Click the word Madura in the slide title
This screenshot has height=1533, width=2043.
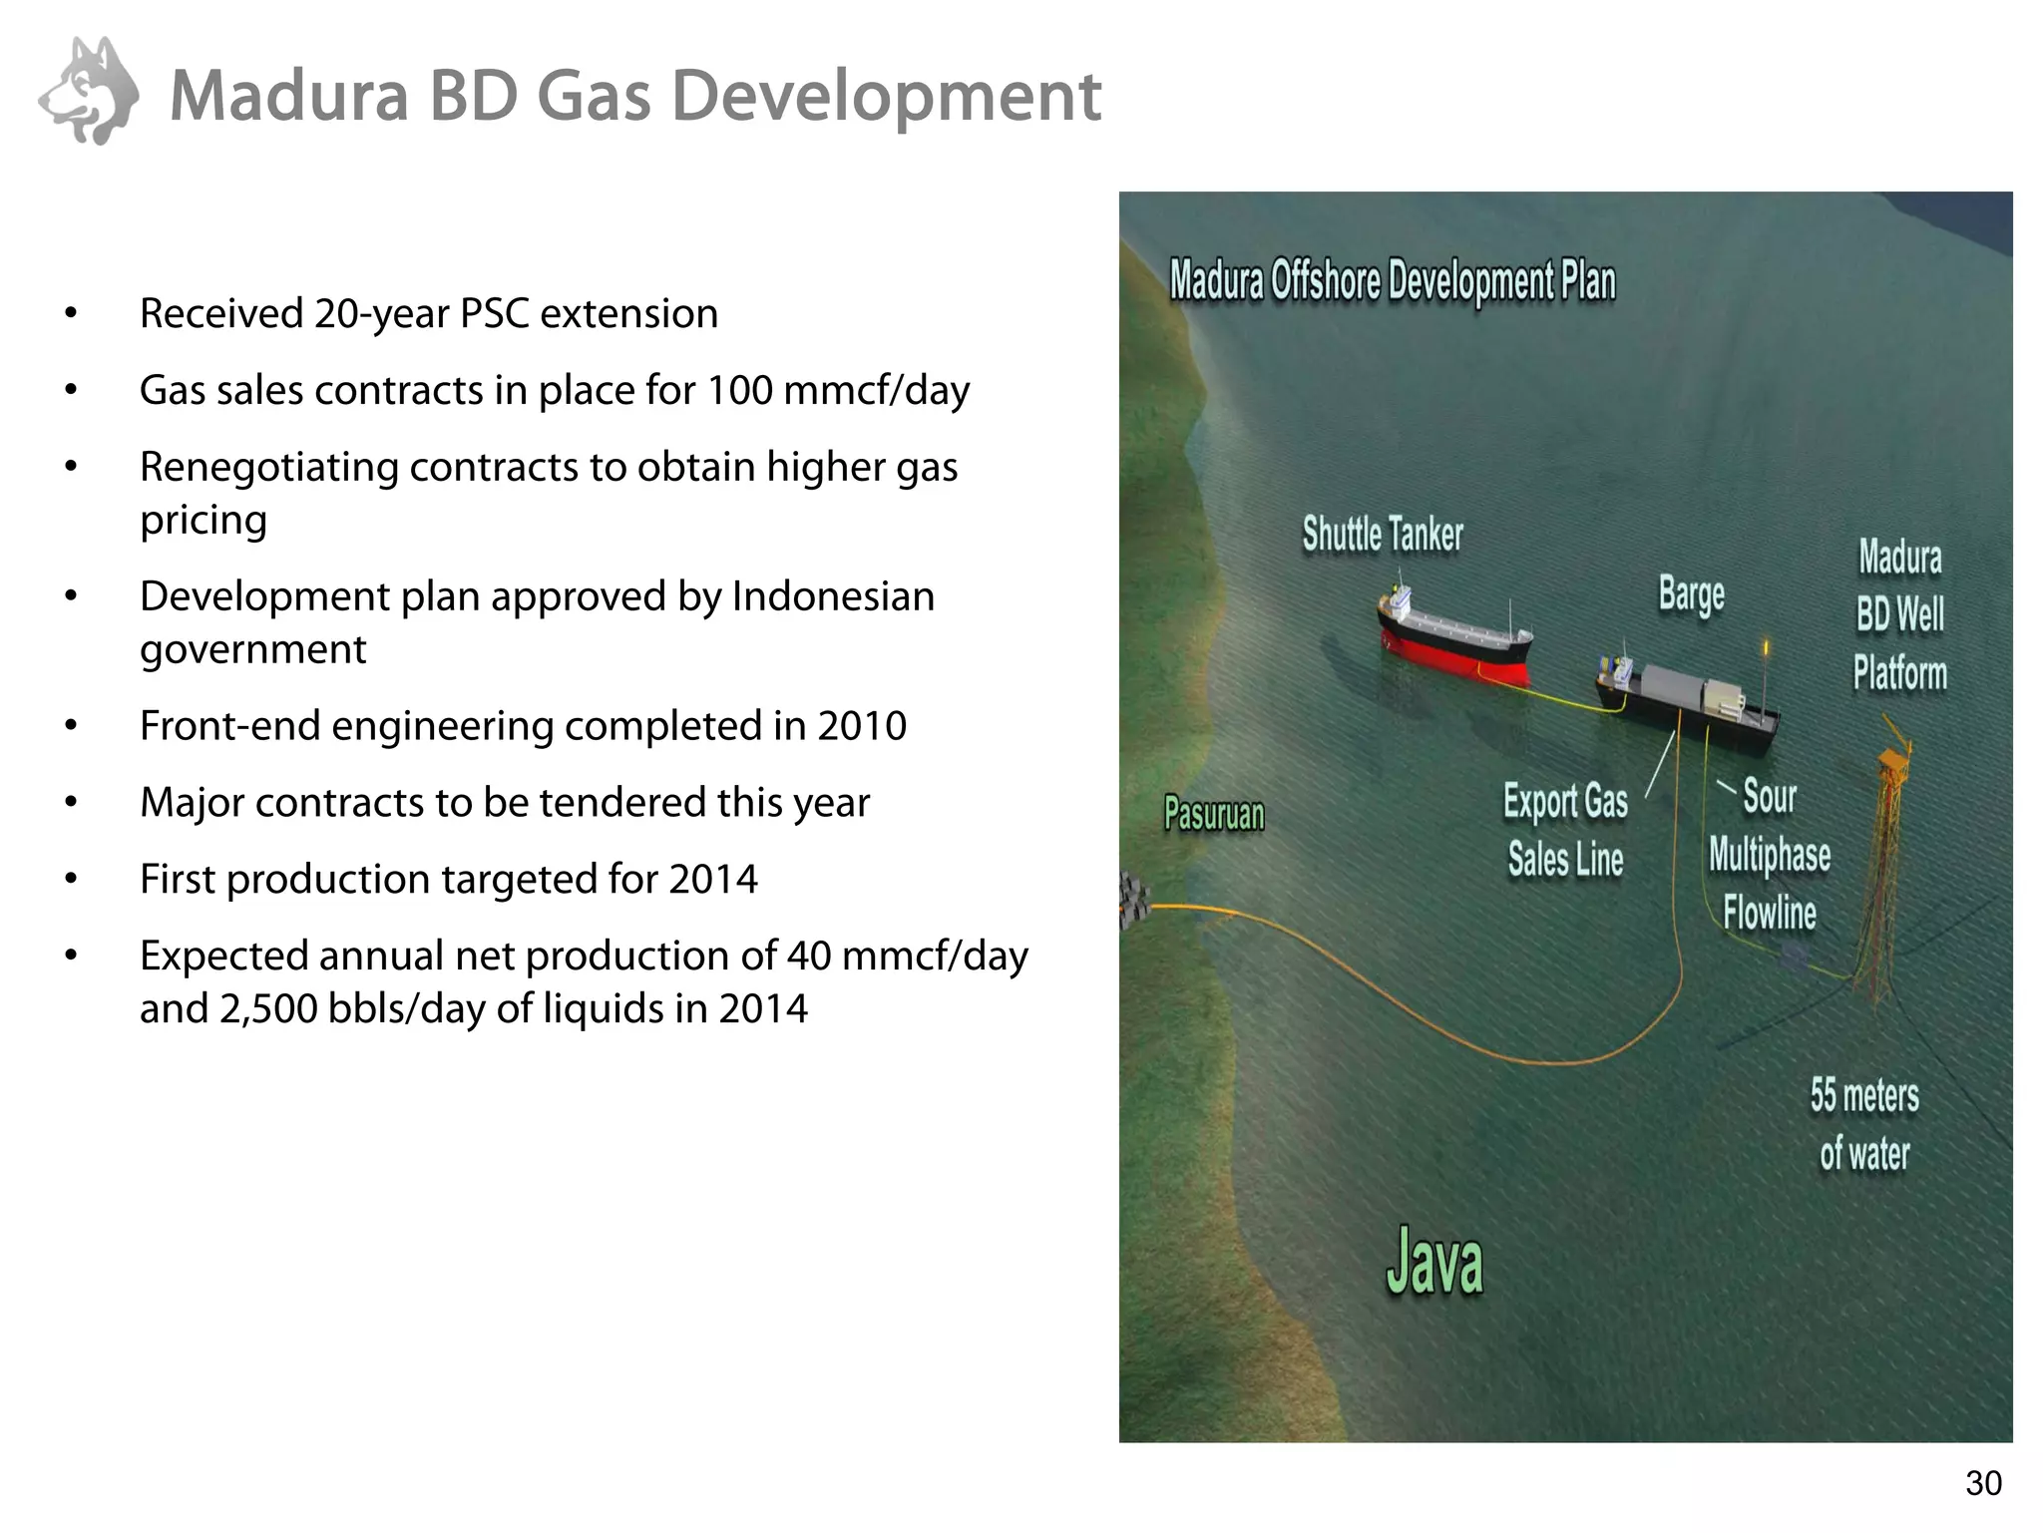click(289, 97)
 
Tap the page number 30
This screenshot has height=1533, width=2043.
click(1983, 1483)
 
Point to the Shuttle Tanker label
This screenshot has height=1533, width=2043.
click(1383, 535)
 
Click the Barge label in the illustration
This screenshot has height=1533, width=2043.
click(1691, 594)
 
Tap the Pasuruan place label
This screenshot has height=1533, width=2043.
click(1214, 815)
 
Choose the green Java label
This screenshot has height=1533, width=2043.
click(1434, 1263)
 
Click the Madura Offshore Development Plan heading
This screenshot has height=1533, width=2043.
click(1393, 281)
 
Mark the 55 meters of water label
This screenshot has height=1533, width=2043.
click(1864, 1124)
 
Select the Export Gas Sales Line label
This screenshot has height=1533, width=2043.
click(1566, 830)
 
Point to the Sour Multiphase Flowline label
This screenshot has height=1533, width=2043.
click(1770, 855)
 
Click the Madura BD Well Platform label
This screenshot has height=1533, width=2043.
click(1900, 614)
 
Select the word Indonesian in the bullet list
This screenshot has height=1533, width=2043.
click(833, 596)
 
